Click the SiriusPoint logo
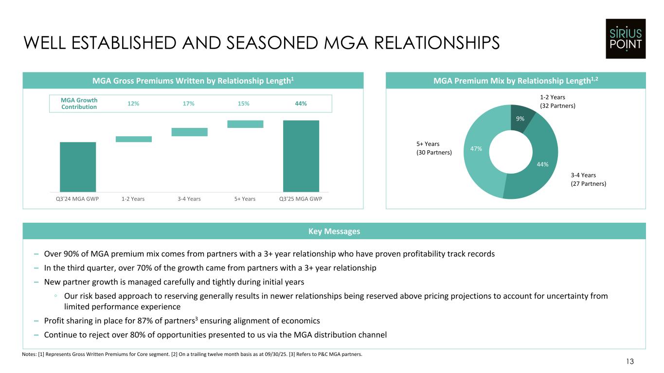point(625,38)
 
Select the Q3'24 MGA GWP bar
point(78,167)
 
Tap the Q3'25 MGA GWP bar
point(301,156)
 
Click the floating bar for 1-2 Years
point(134,139)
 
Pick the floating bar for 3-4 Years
point(190,132)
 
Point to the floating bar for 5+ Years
point(245,124)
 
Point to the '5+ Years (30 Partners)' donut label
point(434,148)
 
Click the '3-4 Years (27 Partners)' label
point(588,179)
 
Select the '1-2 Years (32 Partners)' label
point(557,101)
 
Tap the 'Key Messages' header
point(334,231)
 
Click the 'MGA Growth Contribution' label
point(79,104)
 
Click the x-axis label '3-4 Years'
point(189,199)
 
